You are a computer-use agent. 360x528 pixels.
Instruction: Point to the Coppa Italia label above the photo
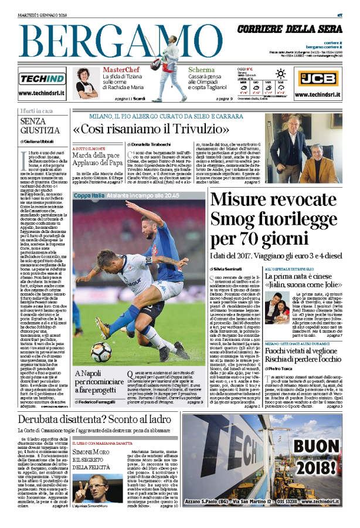point(91,195)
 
